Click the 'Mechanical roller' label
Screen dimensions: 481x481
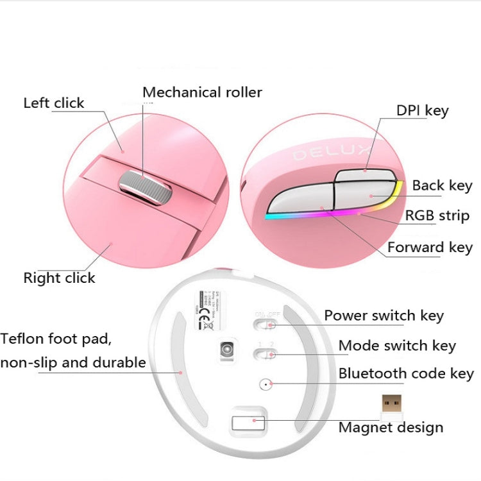(202, 92)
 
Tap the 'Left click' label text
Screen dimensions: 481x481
(54, 103)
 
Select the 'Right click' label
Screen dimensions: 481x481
(59, 278)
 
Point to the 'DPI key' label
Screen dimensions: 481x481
(422, 110)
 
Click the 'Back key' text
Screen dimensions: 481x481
(442, 186)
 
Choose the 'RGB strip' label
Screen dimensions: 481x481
(437, 215)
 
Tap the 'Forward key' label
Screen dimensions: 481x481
(430, 248)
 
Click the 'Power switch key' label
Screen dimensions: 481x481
(384, 316)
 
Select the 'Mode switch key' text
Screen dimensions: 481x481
(397, 346)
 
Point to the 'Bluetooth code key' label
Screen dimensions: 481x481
(406, 373)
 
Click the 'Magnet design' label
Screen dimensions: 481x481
(391, 427)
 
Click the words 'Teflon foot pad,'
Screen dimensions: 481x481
(60, 339)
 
